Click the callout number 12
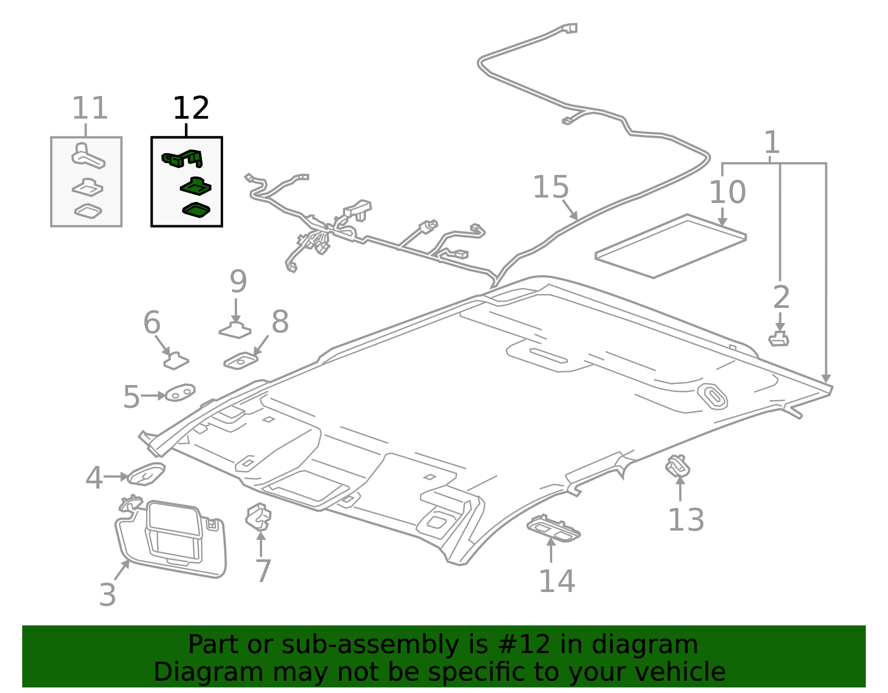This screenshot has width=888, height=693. tap(191, 108)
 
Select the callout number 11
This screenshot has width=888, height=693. tap(89, 108)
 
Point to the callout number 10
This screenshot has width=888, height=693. tap(727, 192)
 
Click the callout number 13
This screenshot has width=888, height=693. tap(685, 520)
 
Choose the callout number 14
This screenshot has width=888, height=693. tap(557, 581)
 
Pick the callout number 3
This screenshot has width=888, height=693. tap(108, 594)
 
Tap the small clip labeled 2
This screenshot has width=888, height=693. tap(779, 338)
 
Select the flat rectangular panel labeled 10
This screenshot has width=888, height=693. tap(670, 246)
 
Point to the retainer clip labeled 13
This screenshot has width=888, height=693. tap(678, 466)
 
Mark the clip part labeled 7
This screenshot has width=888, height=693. tap(259, 517)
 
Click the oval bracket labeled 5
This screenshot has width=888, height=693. tap(180, 393)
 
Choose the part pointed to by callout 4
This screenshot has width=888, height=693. tap(146, 474)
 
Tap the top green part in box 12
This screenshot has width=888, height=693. tap(183, 159)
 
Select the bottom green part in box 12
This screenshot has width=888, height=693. tap(196, 210)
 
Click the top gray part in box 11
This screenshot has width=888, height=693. tap(87, 156)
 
